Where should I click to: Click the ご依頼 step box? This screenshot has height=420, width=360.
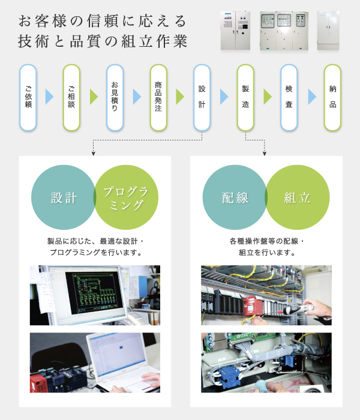pos(28,97)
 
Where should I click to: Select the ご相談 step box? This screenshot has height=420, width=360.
pos(71,97)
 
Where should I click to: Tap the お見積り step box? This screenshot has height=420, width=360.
pos(115,97)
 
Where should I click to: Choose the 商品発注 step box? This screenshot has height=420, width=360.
pos(158,97)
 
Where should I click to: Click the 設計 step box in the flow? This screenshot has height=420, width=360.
pos(202,97)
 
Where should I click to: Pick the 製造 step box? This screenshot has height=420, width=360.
pos(245,97)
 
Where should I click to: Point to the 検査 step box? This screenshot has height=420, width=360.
pos(289,97)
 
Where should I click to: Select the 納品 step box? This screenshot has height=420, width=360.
pos(332,97)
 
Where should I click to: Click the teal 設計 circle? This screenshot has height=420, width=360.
pos(63,198)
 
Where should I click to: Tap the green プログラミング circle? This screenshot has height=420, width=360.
pos(127,198)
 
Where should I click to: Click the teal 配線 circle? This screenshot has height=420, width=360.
pos(234,198)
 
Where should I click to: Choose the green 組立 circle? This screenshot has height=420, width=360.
pos(298,198)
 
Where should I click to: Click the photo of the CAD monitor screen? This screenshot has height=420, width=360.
pos(95,295)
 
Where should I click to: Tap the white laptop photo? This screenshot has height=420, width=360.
pos(95,363)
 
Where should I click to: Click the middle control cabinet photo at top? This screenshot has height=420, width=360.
pos(283,30)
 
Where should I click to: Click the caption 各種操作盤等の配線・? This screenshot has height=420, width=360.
pos(267,241)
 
